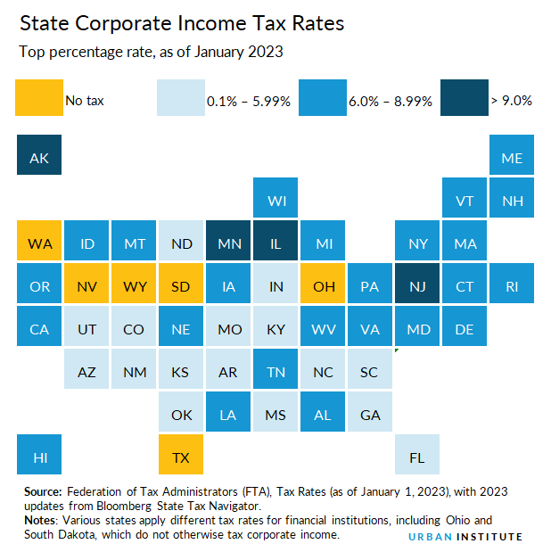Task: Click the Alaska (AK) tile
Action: tap(39, 158)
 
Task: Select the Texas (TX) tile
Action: tap(181, 457)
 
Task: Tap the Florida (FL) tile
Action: tap(416, 457)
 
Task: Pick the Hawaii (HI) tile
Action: tap(39, 457)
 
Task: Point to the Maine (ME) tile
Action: tap(512, 158)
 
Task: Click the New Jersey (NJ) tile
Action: tap(416, 286)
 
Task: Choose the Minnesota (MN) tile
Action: tap(228, 243)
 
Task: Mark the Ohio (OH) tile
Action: tap(322, 286)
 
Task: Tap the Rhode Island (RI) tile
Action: tap(512, 286)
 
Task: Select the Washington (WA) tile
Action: tap(39, 243)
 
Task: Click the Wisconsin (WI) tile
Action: tap(275, 201)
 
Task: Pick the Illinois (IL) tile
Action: tap(275, 243)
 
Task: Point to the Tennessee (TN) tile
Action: tap(275, 372)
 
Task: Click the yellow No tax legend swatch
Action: tap(39, 98)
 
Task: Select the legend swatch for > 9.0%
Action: tap(463, 98)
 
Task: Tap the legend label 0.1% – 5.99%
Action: tap(249, 101)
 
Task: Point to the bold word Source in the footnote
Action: tap(42, 491)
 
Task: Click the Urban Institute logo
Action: tap(465, 536)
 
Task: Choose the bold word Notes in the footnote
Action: tap(39, 519)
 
